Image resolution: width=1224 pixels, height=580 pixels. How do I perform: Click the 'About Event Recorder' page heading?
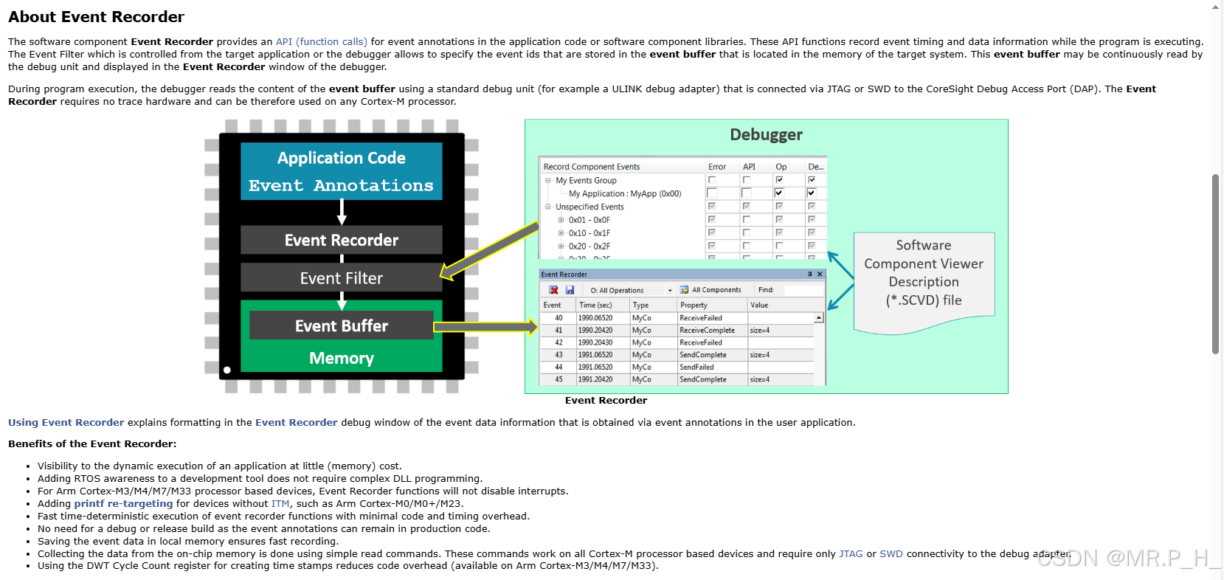pyautogui.click(x=96, y=17)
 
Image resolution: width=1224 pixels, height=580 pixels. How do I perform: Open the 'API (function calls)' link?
pyautogui.click(x=321, y=41)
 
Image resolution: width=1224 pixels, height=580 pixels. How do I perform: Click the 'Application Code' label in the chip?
pyautogui.click(x=342, y=158)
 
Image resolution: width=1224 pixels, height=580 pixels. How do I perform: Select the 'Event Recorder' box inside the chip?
pyautogui.click(x=342, y=240)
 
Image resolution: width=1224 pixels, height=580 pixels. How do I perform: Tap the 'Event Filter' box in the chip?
pyautogui.click(x=342, y=277)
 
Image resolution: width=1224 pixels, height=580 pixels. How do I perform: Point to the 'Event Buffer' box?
pyautogui.click(x=342, y=326)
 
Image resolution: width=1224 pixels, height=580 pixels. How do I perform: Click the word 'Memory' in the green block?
pyautogui.click(x=342, y=358)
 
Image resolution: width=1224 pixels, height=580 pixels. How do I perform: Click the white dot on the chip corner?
pyautogui.click(x=227, y=370)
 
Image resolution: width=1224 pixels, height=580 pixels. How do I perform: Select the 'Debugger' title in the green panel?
pyautogui.click(x=766, y=134)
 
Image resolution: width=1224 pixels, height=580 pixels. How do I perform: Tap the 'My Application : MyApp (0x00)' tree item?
pyautogui.click(x=625, y=193)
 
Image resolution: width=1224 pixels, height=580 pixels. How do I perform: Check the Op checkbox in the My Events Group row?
pyautogui.click(x=779, y=180)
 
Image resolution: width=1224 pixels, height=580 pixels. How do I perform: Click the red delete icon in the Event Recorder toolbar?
pyautogui.click(x=553, y=290)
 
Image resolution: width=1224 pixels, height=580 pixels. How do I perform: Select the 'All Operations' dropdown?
pyautogui.click(x=631, y=290)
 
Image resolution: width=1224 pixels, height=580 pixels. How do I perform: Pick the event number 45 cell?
pyautogui.click(x=559, y=379)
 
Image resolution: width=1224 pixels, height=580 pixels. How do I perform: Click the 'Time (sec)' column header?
pyautogui.click(x=595, y=305)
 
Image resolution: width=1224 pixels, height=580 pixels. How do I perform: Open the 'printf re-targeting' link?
pyautogui.click(x=123, y=503)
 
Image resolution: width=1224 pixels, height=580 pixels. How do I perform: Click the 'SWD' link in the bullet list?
pyautogui.click(x=891, y=553)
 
